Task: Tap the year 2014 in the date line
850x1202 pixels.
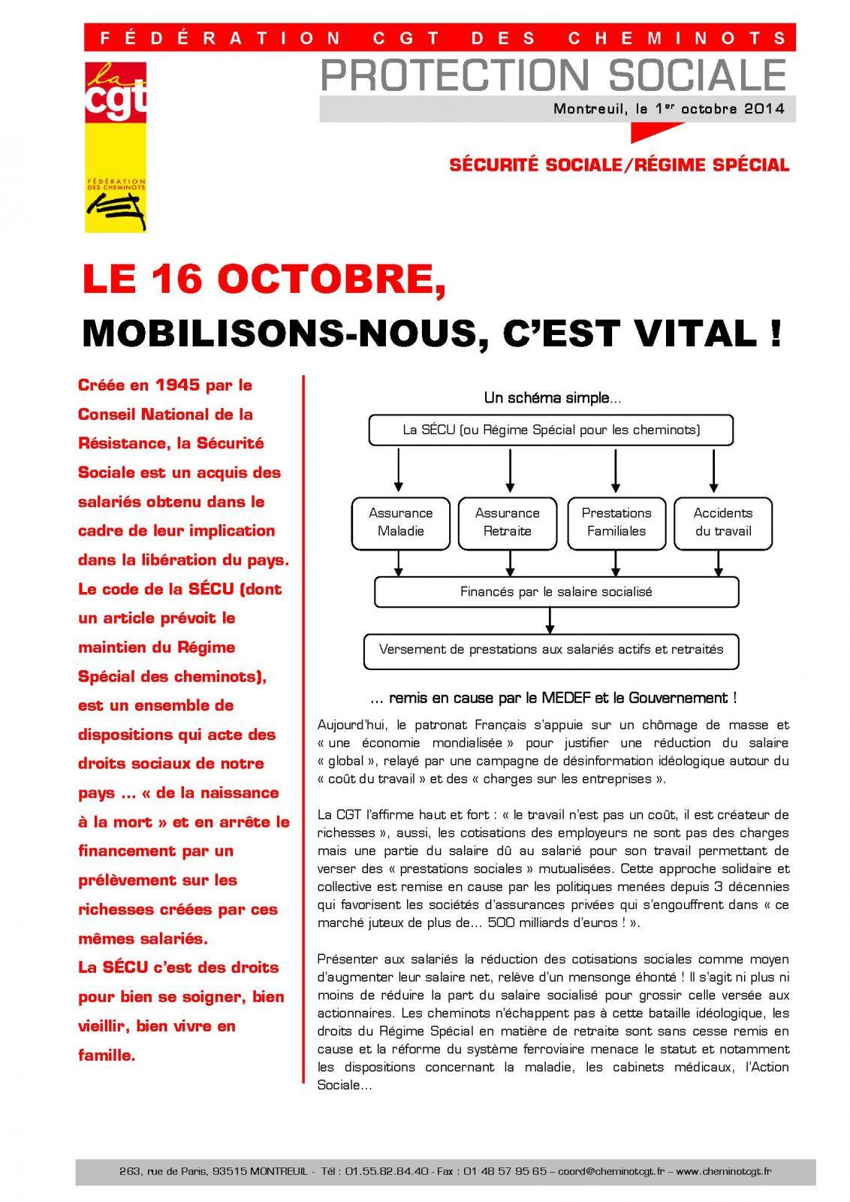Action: click(764, 108)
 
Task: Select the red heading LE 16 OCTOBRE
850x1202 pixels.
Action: click(260, 281)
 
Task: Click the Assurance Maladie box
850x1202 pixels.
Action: click(400, 522)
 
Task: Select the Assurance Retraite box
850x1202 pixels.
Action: click(507, 522)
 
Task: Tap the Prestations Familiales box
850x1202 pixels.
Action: click(616, 522)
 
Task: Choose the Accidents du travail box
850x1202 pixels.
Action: click(722, 522)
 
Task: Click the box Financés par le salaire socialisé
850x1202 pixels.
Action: click(556, 592)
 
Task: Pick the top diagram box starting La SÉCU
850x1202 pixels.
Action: click(551, 430)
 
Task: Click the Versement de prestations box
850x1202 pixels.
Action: click(551, 650)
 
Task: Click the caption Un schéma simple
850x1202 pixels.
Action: click(552, 398)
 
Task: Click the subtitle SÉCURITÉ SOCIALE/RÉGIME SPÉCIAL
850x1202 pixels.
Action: click(619, 165)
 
